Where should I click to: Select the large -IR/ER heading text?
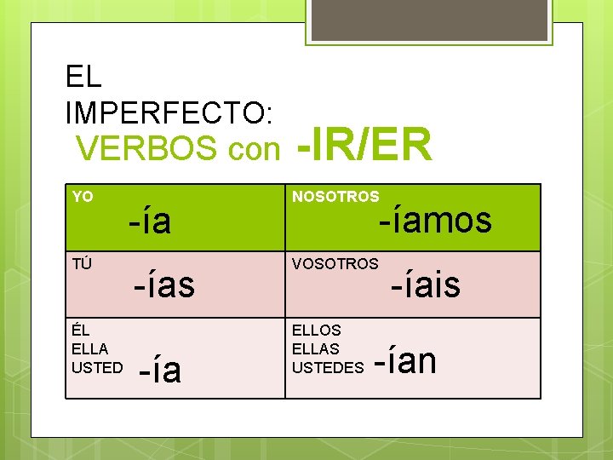(364, 145)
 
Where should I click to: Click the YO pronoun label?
(83, 197)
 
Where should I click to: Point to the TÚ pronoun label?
(82, 263)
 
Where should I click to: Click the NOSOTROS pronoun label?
(335, 197)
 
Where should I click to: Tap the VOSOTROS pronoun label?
(335, 263)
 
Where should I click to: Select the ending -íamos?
(435, 220)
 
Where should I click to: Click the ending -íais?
(426, 285)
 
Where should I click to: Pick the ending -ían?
(405, 360)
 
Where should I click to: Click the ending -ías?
(163, 285)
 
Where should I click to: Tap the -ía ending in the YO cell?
(150, 221)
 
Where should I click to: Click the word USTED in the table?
(97, 367)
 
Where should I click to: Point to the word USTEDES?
(329, 367)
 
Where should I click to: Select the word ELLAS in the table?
(315, 348)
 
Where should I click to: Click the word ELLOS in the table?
(316, 330)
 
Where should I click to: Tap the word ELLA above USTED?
(89, 348)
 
